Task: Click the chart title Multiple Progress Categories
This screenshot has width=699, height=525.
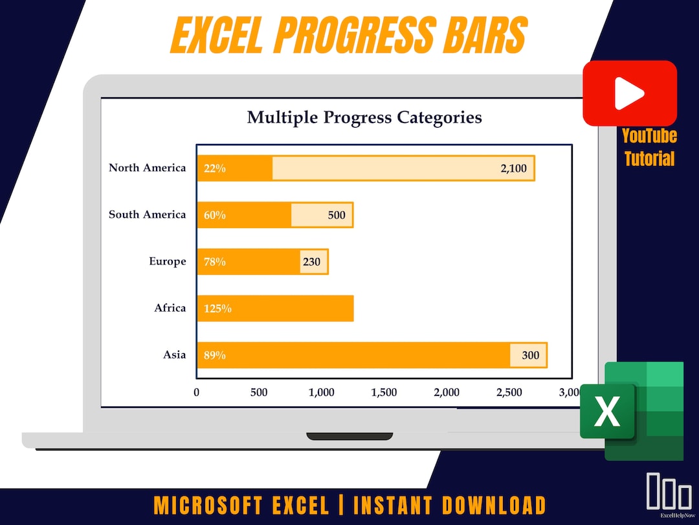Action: [x=364, y=117]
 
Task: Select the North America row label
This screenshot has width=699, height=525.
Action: [x=147, y=168]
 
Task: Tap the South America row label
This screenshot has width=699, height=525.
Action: [x=147, y=215]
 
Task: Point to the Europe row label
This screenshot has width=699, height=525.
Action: [x=167, y=261]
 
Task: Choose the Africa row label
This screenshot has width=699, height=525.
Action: [x=170, y=308]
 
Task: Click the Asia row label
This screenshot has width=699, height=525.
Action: [x=174, y=355]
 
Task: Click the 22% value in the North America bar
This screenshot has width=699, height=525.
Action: [x=215, y=169]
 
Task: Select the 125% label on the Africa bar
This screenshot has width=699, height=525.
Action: [x=217, y=309]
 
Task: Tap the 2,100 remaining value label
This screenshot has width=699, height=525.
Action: [x=513, y=169]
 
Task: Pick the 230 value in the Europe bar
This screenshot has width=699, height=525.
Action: [x=311, y=262]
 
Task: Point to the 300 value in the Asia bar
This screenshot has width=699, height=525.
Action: [x=530, y=355]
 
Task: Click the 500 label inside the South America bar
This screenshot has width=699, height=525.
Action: [x=337, y=215]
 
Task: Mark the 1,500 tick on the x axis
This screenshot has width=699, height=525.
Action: [x=384, y=392]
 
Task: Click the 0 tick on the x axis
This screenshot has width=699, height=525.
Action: [x=197, y=392]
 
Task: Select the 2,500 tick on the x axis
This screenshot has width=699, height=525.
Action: [x=509, y=392]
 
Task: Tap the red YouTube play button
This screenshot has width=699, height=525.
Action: [x=629, y=94]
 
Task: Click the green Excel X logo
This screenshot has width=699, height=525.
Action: [x=607, y=411]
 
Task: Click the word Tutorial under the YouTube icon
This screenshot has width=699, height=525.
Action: [x=649, y=159]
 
